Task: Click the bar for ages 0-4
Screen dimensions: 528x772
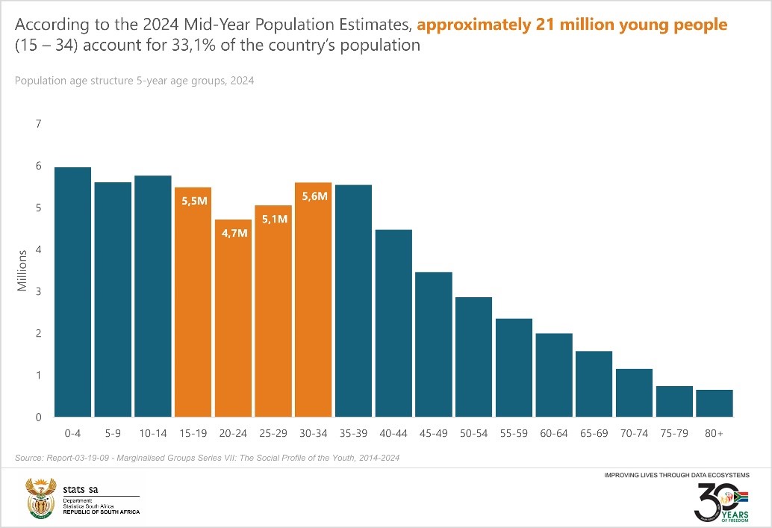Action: pos(73,292)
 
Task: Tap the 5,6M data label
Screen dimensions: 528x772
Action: pos(314,196)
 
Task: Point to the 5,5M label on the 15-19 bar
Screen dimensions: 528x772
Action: pos(193,201)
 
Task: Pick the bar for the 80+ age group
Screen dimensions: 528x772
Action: pos(715,403)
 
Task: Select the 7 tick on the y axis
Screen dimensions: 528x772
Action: pos(39,123)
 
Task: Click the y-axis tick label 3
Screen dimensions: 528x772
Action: pos(39,291)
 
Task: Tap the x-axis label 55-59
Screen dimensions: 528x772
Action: pos(514,433)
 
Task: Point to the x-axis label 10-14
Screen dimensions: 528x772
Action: pos(152,433)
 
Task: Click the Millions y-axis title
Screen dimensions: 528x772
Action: pos(22,270)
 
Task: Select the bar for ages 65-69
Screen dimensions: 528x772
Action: pos(594,384)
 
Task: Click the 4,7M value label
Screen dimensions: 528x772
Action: pos(233,233)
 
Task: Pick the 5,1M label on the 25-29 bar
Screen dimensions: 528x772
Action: pos(273,219)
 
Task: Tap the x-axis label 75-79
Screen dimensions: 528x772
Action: pos(674,433)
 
